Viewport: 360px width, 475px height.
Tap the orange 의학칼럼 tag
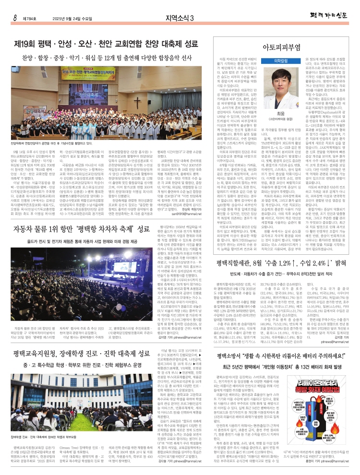tap(282, 61)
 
